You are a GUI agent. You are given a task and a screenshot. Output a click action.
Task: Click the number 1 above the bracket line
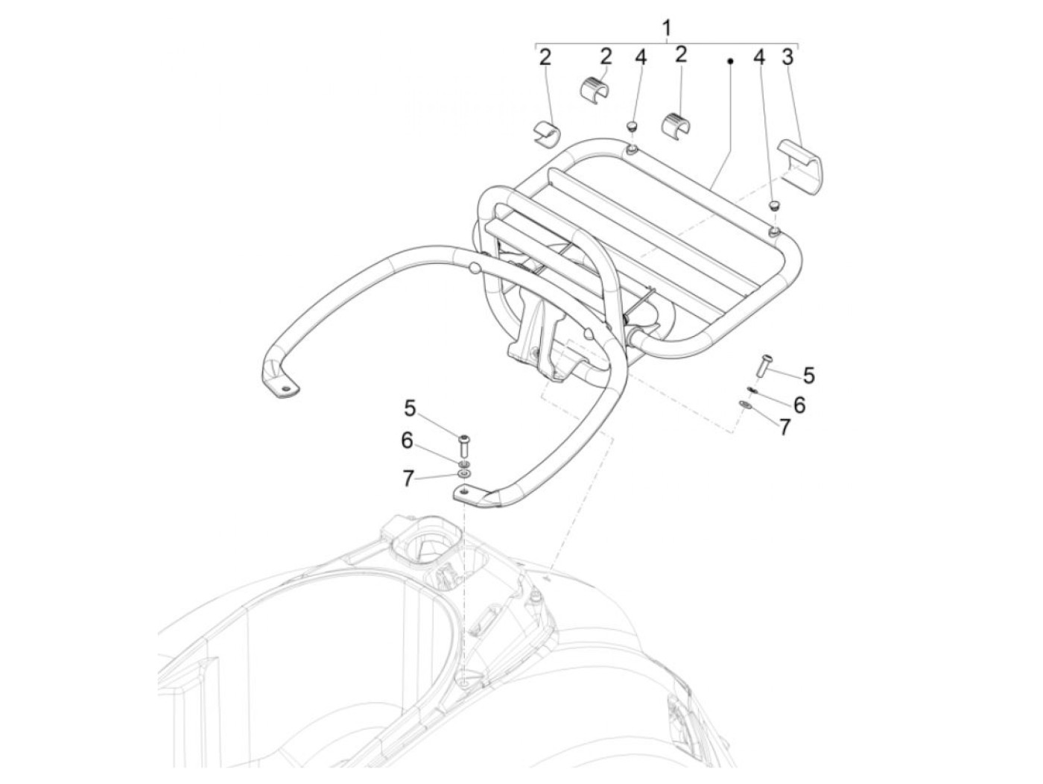[x=667, y=28]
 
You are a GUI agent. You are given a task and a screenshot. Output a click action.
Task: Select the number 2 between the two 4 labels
[x=681, y=54]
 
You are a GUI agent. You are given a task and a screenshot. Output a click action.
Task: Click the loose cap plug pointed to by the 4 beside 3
[x=775, y=205]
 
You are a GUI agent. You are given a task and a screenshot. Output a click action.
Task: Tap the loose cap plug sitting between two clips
[x=633, y=125]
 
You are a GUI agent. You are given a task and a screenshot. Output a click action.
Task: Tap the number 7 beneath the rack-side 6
[x=784, y=427]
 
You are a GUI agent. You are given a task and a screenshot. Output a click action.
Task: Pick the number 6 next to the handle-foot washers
[x=407, y=440]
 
